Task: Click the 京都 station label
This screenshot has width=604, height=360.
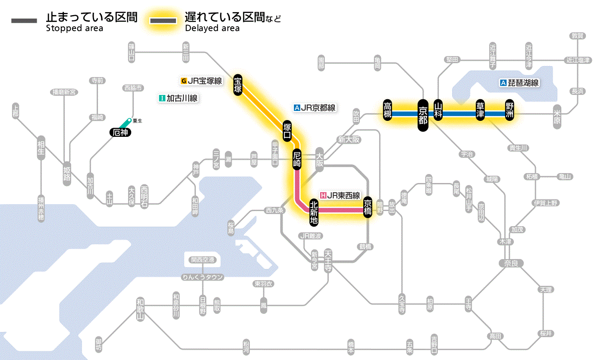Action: click(423, 114)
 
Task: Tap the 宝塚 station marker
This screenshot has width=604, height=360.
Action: click(238, 84)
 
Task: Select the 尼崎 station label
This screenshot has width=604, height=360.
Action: click(297, 159)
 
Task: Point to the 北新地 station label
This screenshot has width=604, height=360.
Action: click(314, 212)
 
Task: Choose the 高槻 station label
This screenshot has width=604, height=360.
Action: click(388, 111)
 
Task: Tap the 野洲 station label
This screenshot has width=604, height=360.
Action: click(510, 111)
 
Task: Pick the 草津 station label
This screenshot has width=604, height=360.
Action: click(480, 111)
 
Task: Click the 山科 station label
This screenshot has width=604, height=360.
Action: click(438, 111)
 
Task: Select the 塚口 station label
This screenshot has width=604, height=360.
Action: click(287, 132)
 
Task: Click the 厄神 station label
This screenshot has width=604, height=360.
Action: click(119, 133)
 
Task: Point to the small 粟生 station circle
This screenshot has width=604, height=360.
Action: click(129, 120)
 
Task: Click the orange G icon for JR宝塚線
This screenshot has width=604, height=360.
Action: click(184, 81)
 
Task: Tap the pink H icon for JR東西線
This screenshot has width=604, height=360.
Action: click(323, 195)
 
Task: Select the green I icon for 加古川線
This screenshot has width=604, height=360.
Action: click(162, 98)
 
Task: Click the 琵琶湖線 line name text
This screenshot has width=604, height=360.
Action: click(523, 83)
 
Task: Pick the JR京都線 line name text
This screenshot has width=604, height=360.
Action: click(318, 108)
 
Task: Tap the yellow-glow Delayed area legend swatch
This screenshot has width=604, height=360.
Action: click(163, 21)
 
